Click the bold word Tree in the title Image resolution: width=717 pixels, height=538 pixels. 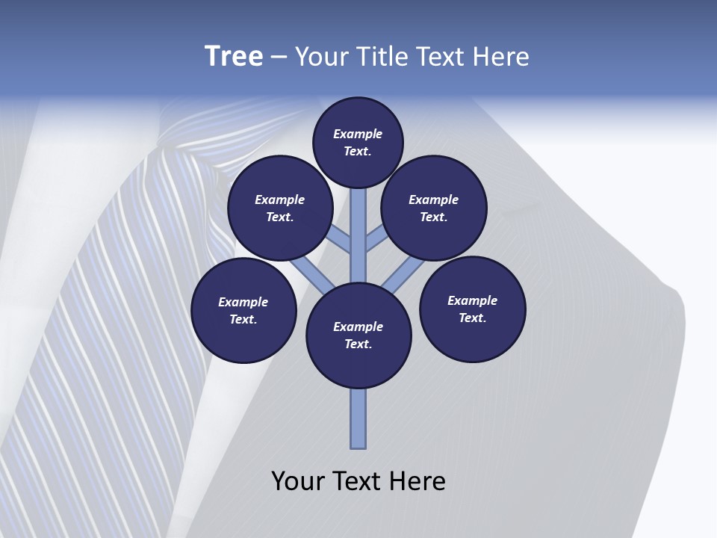click(234, 57)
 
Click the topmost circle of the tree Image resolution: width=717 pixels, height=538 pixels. click(358, 142)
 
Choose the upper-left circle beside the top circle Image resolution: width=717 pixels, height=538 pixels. click(280, 208)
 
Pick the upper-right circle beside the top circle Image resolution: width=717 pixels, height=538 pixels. click(434, 208)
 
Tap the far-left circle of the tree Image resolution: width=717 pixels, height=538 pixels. click(243, 310)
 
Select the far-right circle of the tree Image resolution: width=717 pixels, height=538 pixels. click(473, 309)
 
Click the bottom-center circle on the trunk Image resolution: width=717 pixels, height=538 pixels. click(358, 335)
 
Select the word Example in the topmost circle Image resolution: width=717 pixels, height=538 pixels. click(358, 134)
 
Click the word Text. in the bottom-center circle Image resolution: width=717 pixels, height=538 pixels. click(358, 344)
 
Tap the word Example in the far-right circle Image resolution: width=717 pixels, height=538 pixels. click(472, 300)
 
